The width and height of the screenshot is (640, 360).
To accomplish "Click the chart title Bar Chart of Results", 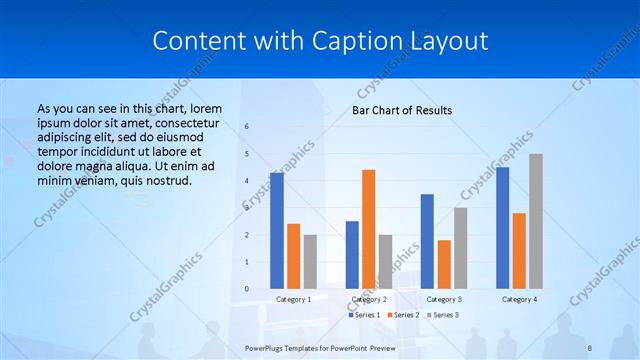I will coord(402,110).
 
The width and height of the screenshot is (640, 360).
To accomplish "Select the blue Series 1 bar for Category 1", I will coord(276,231).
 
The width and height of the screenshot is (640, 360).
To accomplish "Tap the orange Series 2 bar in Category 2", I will coord(368,229).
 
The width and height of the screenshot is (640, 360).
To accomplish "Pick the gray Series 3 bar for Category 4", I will coord(536,221).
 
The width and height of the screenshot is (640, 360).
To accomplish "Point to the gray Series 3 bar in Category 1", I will coord(310,262).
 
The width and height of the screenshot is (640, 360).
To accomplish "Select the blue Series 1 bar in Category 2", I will coord(352,255).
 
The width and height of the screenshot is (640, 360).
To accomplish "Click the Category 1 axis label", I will coord(293,299).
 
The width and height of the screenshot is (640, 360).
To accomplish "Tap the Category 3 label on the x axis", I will coord(444,299).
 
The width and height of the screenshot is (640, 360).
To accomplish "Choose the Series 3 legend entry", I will coord(446,315).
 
